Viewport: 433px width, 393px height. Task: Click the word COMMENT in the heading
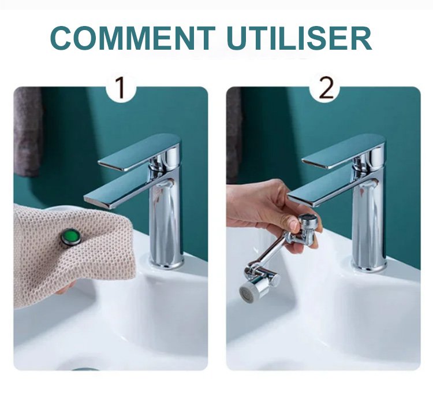click(x=133, y=38)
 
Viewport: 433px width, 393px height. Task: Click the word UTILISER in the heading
click(x=300, y=38)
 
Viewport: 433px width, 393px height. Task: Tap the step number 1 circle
click(x=121, y=89)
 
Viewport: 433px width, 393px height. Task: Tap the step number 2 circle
click(x=325, y=89)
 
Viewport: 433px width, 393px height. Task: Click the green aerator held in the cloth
click(x=71, y=236)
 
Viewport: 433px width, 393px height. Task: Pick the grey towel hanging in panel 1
click(x=28, y=132)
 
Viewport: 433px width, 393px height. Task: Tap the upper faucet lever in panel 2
click(x=344, y=151)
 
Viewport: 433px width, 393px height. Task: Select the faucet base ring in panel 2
click(x=369, y=266)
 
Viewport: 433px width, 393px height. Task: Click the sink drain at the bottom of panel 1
click(x=85, y=369)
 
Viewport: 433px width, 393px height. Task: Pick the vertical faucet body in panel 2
click(x=369, y=221)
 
